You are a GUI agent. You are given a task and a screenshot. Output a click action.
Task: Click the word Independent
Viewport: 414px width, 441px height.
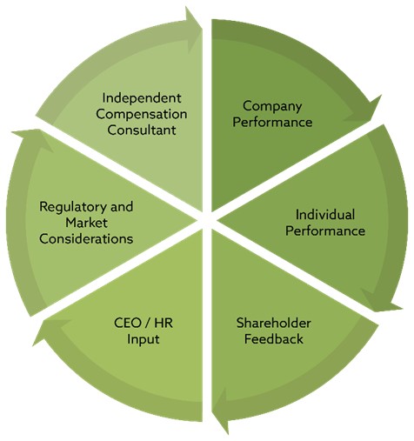pos(142,98)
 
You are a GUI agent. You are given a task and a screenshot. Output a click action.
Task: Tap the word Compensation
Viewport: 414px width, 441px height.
pos(142,114)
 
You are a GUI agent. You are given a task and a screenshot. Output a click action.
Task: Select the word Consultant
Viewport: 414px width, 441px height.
pos(142,130)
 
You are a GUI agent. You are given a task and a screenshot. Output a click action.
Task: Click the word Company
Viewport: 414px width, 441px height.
pos(272,106)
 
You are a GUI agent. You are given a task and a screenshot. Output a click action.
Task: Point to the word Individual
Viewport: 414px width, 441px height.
pos(325,215)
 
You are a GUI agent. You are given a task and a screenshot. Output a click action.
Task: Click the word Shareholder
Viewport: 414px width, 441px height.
pos(274,323)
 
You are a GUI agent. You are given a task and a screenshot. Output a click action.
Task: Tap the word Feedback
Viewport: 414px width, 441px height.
pos(274,339)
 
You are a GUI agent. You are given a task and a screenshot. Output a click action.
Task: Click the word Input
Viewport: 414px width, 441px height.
pos(144,339)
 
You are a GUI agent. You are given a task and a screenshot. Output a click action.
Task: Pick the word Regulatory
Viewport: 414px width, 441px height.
pos(70,207)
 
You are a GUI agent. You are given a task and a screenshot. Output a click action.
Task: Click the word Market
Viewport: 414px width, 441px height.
pos(86,223)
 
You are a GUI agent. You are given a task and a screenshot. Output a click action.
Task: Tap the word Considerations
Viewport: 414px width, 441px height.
pos(86,239)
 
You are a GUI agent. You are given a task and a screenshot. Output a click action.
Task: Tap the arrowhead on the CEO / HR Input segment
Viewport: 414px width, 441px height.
pos(50,331)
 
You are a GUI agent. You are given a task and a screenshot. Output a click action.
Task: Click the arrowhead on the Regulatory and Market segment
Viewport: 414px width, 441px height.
pos(33,138)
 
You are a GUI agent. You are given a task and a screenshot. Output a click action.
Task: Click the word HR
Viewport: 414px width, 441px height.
pos(164,323)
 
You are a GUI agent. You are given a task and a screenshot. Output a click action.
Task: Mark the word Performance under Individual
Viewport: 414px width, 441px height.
pos(325,231)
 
